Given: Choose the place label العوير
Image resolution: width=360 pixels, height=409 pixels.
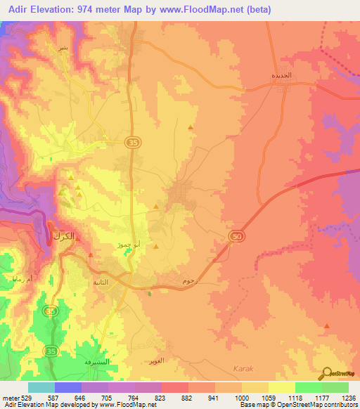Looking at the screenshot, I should pyautogui.click(x=157, y=361).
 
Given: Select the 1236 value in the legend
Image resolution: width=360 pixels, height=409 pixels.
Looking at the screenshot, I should pyautogui.click(x=349, y=398).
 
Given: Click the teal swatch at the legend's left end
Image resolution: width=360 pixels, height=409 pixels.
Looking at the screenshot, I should pyautogui.click(x=41, y=387).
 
